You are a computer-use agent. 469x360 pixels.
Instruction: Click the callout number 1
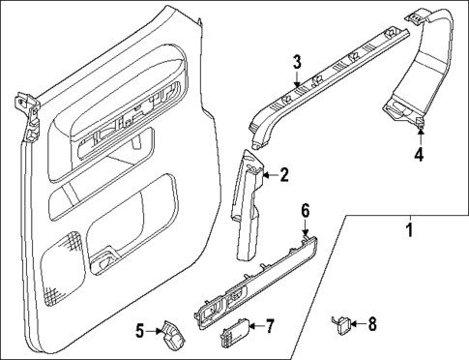click(408, 230)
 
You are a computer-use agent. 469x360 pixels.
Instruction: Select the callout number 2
click(283, 175)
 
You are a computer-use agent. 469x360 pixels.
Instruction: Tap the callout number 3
click(298, 64)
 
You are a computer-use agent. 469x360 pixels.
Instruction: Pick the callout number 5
click(139, 332)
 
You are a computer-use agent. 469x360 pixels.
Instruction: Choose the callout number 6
click(305, 210)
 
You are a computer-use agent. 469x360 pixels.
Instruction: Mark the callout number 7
click(270, 326)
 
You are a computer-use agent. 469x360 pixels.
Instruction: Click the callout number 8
click(374, 325)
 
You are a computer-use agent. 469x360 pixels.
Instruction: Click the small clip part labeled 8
click(340, 324)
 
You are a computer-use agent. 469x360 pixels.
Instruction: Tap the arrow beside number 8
click(360, 325)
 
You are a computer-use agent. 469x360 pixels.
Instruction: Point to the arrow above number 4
click(419, 135)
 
